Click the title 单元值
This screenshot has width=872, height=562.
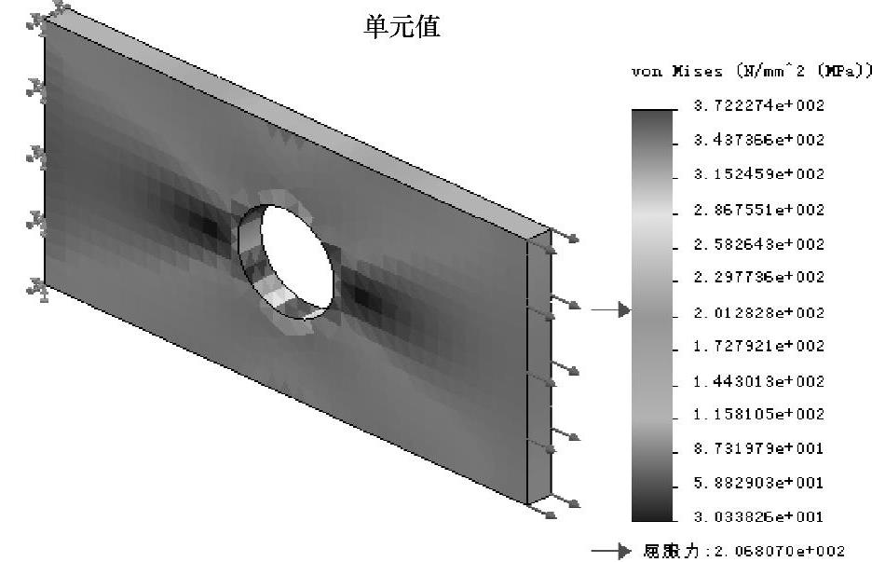pos(401,28)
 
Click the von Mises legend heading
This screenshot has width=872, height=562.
pos(752,72)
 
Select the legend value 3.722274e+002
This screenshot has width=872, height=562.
pos(758,105)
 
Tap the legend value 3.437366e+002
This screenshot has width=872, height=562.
pos(758,140)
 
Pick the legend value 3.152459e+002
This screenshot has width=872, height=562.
pos(758,174)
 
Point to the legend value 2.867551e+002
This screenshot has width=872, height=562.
pos(758,210)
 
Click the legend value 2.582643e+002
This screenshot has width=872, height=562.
pos(758,244)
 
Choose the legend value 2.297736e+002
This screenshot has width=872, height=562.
pos(758,277)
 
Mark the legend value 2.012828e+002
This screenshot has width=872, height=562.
pos(758,311)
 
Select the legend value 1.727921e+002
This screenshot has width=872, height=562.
pos(758,346)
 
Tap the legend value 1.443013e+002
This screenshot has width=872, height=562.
pos(758,380)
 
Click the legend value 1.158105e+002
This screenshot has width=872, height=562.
pos(758,414)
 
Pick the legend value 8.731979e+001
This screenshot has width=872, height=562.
pos(758,448)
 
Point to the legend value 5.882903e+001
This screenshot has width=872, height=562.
pos(758,483)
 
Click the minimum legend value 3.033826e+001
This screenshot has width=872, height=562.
pos(758,516)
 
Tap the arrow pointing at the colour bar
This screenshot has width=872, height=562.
pos(612,310)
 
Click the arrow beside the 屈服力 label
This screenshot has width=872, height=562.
pos(612,552)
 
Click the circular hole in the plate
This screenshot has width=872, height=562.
pos(297,255)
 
